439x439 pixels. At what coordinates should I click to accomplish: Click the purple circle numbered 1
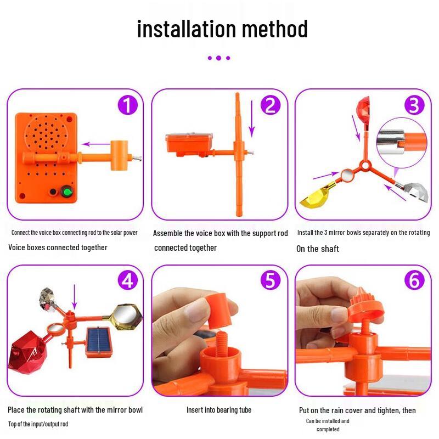[128, 105]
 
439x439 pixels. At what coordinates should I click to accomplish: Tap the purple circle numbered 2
[270, 105]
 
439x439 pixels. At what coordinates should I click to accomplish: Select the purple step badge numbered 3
[414, 105]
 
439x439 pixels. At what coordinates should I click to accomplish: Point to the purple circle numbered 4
[128, 280]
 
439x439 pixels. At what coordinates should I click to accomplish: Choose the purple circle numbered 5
[270, 280]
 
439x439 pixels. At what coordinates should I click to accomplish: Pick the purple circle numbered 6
[414, 280]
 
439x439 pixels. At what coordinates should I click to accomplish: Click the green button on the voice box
[67, 192]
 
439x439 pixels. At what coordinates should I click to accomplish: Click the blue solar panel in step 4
[99, 341]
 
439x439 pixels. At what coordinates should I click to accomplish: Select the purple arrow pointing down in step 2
[252, 119]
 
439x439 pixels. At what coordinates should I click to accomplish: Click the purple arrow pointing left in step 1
[95, 144]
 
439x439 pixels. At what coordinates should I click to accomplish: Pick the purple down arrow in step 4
[75, 297]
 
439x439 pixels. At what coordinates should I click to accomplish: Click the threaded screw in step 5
[223, 343]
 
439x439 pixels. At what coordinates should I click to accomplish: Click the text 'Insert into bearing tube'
[219, 410]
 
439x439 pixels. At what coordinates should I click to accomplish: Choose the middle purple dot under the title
[218, 58]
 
